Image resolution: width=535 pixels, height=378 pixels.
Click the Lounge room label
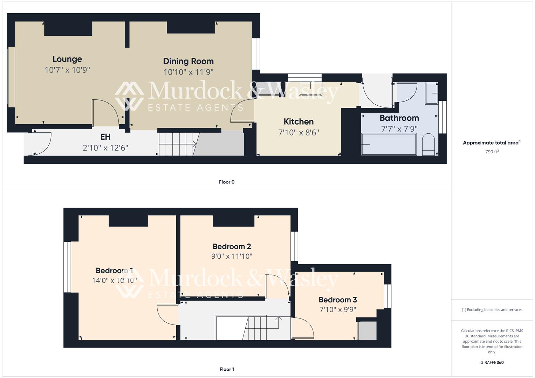pyautogui.click(x=67, y=59)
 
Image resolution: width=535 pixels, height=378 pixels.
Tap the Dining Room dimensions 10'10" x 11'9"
pyautogui.click(x=188, y=72)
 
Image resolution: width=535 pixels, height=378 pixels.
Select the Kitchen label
pyautogui.click(x=299, y=121)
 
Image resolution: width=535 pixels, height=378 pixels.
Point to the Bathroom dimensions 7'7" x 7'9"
pyautogui.click(x=399, y=129)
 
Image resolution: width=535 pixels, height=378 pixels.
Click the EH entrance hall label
pyautogui.click(x=105, y=137)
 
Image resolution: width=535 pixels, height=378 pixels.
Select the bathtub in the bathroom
pyautogui.click(x=389, y=144)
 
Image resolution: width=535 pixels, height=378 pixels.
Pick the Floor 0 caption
pyautogui.click(x=227, y=182)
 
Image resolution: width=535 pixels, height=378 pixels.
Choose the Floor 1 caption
pyautogui.click(x=227, y=369)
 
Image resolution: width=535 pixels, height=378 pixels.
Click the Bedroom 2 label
pyautogui.click(x=232, y=246)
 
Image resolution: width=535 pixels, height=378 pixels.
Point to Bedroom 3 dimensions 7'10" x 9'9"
pyautogui.click(x=338, y=310)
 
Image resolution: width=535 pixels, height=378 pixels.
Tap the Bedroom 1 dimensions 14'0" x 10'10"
pyautogui.click(x=114, y=280)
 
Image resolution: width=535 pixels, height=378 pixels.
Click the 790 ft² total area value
pyautogui.click(x=492, y=152)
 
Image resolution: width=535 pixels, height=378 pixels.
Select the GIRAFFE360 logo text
pyautogui.click(x=492, y=362)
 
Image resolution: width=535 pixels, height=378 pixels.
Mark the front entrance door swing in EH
pyautogui.click(x=41, y=143)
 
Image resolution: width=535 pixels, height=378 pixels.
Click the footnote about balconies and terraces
pyautogui.click(x=492, y=310)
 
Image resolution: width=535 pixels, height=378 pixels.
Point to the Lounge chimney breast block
pyautogui.click(x=68, y=28)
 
